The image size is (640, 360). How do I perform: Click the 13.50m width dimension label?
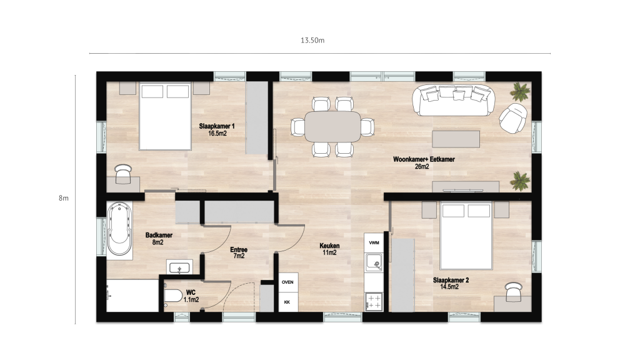click(x=312, y=41)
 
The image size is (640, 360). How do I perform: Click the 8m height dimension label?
click(x=64, y=198)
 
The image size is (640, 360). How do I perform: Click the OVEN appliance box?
click(x=287, y=282)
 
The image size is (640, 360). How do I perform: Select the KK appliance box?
click(x=287, y=302)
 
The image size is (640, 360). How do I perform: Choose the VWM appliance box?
click(x=374, y=242)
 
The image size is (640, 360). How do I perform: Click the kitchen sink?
click(x=374, y=262)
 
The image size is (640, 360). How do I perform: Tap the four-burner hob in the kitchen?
click(x=374, y=302)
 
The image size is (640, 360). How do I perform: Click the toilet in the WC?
click(x=173, y=295)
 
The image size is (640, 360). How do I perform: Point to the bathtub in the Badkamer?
click(x=119, y=230)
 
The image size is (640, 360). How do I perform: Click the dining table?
click(x=332, y=126)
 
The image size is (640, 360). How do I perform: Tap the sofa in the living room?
click(x=454, y=100)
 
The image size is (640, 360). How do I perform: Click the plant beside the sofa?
click(x=520, y=91)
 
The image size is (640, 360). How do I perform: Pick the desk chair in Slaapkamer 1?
click(x=123, y=174)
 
